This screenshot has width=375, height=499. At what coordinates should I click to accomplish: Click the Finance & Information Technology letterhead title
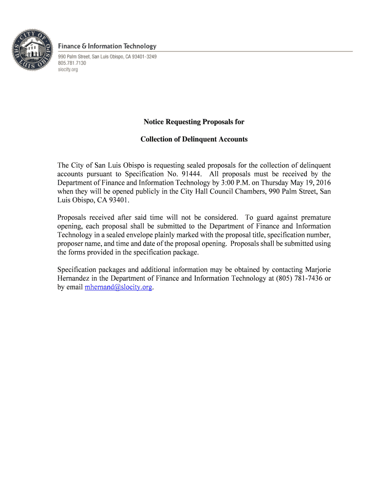point(108,46)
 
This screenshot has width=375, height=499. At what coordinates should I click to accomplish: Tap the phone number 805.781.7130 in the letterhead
point(72,63)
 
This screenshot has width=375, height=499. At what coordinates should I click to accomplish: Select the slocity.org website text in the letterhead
point(68,70)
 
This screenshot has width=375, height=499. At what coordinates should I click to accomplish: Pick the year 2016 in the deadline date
point(322,183)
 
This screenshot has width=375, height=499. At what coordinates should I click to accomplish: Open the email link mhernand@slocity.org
point(119,288)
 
